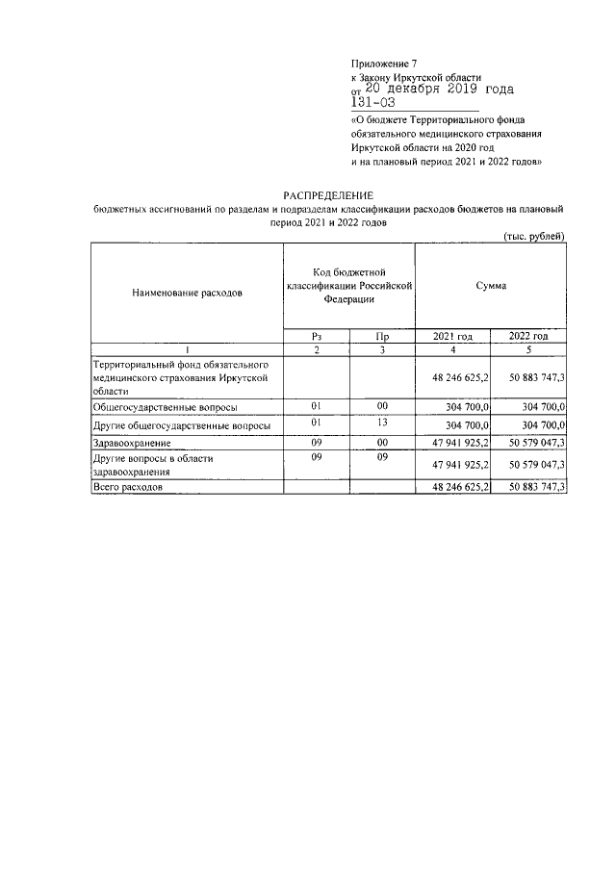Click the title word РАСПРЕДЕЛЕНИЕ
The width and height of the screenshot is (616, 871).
click(326, 194)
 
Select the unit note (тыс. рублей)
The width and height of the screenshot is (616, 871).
click(535, 236)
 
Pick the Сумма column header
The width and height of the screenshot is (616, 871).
click(491, 287)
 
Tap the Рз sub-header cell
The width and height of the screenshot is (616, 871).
click(316, 336)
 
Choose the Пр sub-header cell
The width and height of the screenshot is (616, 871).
click(381, 336)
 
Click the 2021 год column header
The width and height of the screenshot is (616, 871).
click(452, 336)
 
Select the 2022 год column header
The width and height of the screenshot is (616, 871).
click(529, 336)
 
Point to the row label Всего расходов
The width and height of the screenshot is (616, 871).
click(127, 488)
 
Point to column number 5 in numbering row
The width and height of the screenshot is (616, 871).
click(529, 348)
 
